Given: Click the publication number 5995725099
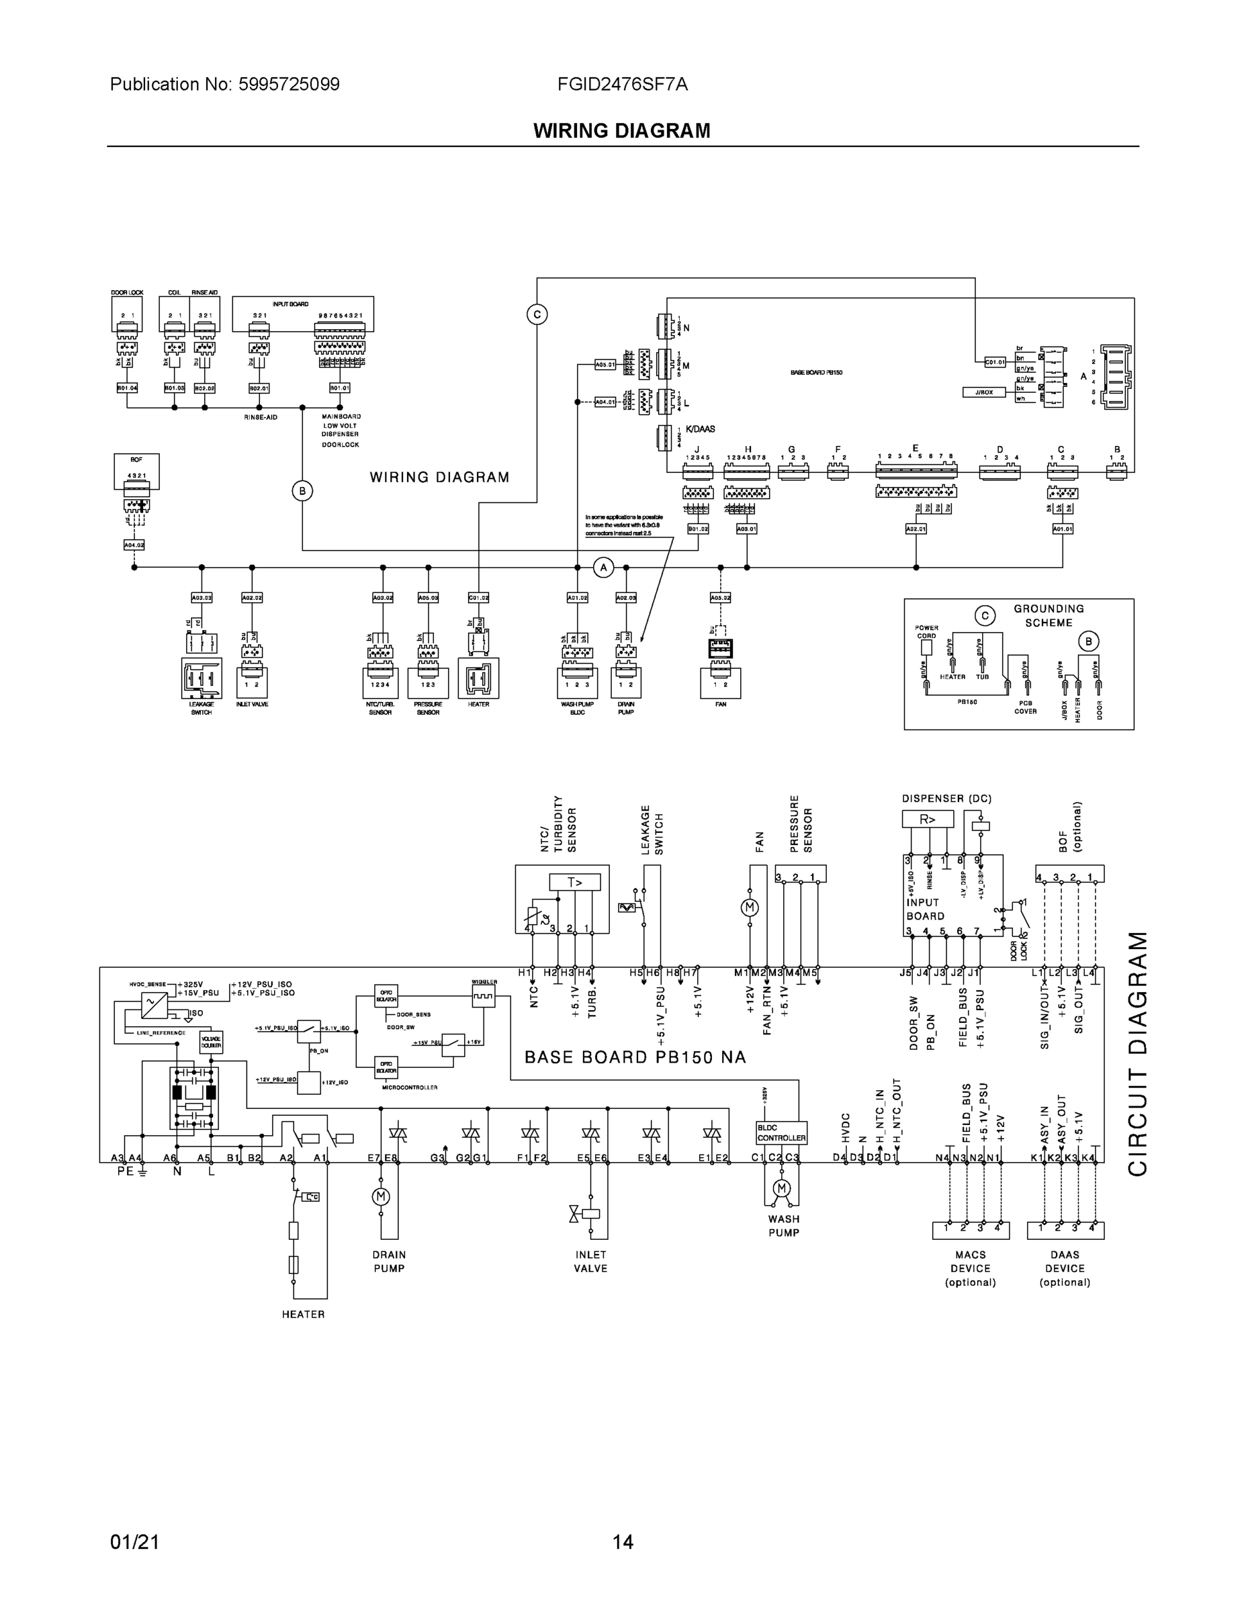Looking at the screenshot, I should [x=289, y=85].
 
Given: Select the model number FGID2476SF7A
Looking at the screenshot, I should [x=622, y=85].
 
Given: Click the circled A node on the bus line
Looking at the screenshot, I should [x=603, y=568].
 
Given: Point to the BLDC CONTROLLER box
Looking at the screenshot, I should [x=781, y=1133].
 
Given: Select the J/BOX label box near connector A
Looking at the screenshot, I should [x=984, y=393].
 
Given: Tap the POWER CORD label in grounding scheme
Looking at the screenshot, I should [x=926, y=632].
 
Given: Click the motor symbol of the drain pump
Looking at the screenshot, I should [x=381, y=1196].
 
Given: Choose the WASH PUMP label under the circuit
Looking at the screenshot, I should [x=783, y=1226].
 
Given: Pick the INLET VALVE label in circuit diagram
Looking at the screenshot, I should [x=590, y=1261].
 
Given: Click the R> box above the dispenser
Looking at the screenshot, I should [x=927, y=819].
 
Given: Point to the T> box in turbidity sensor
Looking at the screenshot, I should [x=574, y=883].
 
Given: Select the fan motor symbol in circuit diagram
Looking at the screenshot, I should [x=749, y=908].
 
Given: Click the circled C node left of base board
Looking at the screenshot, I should [x=537, y=314].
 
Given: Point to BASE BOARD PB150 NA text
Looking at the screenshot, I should [x=635, y=1058].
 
